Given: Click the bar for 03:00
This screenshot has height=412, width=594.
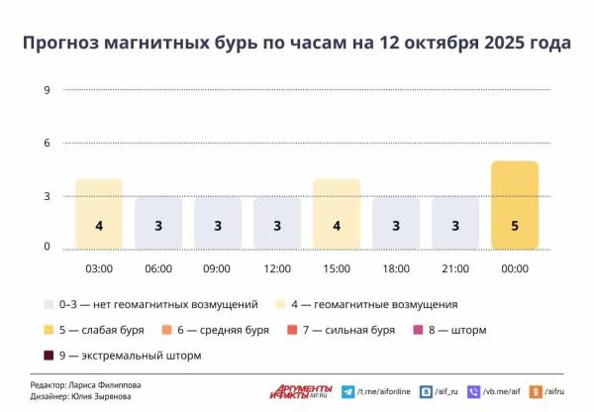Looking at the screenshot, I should pyautogui.click(x=99, y=214).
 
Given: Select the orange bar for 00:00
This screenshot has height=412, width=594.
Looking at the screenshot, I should pyautogui.click(x=515, y=205).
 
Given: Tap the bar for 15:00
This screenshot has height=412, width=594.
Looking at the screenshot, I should pyautogui.click(x=337, y=214).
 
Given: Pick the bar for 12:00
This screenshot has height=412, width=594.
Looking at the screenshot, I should pyautogui.click(x=277, y=223).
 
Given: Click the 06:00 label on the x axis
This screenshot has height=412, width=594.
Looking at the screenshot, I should pyautogui.click(x=158, y=268).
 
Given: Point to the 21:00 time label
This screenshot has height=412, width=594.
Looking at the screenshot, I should pyautogui.click(x=455, y=268).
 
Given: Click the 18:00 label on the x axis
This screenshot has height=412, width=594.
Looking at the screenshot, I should pyautogui.click(x=396, y=268).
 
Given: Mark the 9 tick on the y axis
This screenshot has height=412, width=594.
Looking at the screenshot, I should pyautogui.click(x=47, y=90).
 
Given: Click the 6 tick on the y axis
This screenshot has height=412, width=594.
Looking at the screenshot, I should pyautogui.click(x=47, y=143).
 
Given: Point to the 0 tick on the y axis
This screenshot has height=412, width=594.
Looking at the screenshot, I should pyautogui.click(x=47, y=247).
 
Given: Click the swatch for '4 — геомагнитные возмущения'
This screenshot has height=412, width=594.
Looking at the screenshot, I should pyautogui.click(x=282, y=304).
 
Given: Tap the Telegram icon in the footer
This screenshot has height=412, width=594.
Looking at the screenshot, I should pyautogui.click(x=347, y=392).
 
